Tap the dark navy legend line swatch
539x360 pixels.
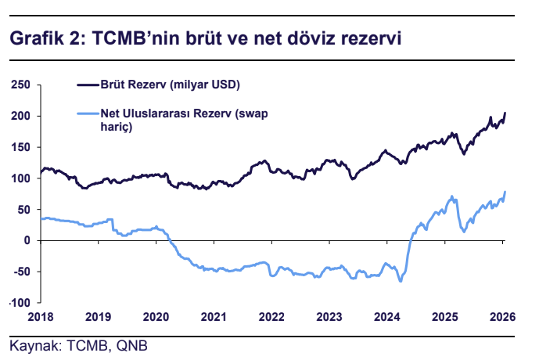pos(86,83)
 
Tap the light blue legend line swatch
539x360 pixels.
pos(86,114)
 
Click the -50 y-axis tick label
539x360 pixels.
pos(20,272)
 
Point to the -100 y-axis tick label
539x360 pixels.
pos(18,303)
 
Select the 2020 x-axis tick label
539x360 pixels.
pos(156,317)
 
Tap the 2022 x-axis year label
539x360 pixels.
pos(271,317)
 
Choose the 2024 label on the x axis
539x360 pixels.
pos(386,317)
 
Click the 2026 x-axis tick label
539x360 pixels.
pos(501,317)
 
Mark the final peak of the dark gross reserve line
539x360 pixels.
pos(505,113)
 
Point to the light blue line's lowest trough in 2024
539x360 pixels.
pos(401,280)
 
